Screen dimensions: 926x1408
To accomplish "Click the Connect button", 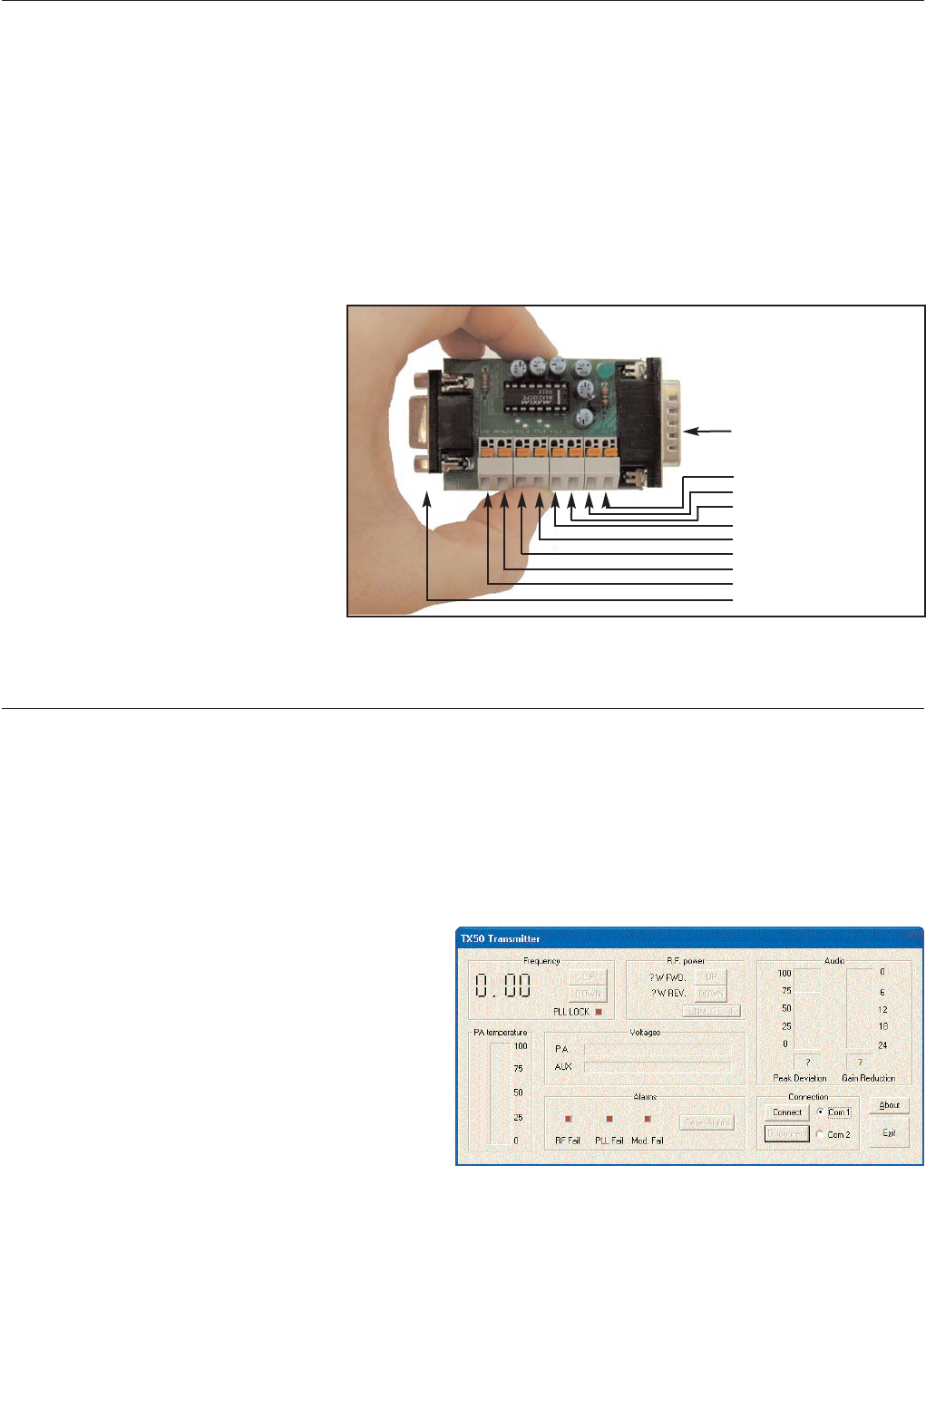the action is tap(786, 1112).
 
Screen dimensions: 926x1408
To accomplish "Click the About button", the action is tap(890, 1105).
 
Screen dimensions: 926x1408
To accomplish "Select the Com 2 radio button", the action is tap(820, 1134).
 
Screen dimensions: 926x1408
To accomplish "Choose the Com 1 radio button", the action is tap(820, 1112).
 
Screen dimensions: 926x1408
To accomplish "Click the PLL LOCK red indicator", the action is tap(599, 1012).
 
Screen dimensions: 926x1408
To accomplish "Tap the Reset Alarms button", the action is tap(707, 1122).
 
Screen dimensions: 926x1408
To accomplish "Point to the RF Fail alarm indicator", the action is tap(569, 1119).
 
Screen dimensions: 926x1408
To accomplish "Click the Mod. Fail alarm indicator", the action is tap(648, 1119).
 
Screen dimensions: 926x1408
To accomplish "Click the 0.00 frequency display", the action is tap(504, 986).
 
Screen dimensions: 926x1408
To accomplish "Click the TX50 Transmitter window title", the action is tap(500, 938).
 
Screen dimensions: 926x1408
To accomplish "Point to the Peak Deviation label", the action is tap(799, 1078).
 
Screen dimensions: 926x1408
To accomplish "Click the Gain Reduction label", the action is tap(868, 1078).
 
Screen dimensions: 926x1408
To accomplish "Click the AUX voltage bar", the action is tap(657, 1067).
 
